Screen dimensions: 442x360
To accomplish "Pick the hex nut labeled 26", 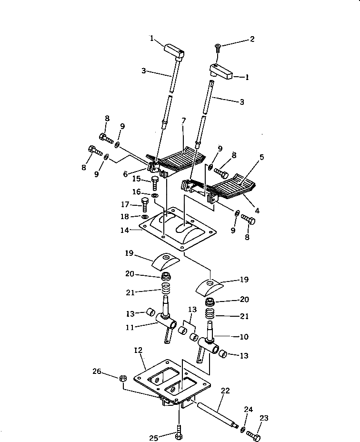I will pyautogui.click(x=122, y=378).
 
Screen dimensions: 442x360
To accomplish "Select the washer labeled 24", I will pyautogui.click(x=243, y=430).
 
